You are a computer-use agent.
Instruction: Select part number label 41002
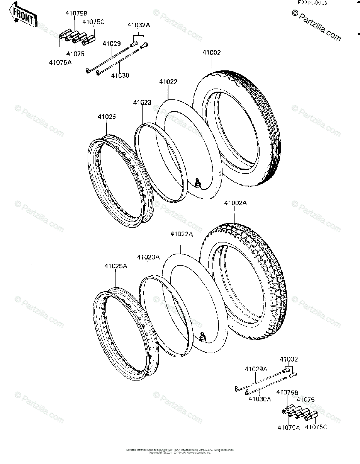click(211, 53)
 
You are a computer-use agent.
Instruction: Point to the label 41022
click(168, 82)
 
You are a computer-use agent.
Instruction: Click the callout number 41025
click(107, 116)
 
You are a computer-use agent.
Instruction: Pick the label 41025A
click(115, 266)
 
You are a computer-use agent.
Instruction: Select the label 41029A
click(256, 369)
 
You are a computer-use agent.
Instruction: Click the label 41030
click(120, 75)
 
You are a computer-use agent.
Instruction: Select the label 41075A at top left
click(60, 62)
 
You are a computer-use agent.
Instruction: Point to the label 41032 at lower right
click(289, 359)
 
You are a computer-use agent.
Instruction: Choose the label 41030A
click(260, 399)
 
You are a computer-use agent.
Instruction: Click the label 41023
click(142, 103)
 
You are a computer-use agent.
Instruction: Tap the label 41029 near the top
click(111, 44)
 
